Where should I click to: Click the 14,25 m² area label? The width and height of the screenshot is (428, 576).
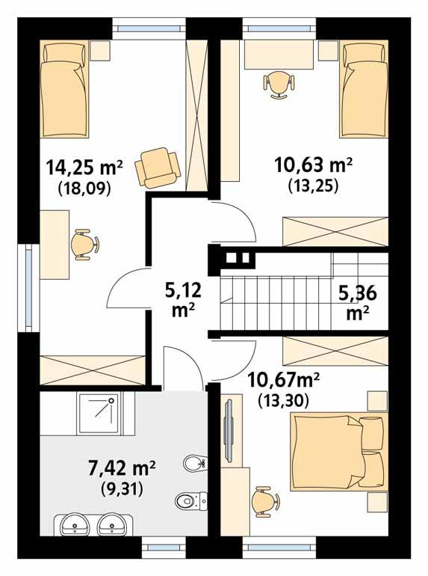pyautogui.click(x=83, y=165)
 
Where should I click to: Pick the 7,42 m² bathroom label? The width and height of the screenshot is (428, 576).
pyautogui.click(x=120, y=469)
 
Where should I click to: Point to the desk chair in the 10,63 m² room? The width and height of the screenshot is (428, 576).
pyautogui.click(x=277, y=83)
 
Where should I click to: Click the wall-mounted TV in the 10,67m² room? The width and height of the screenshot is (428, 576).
pyautogui.click(x=228, y=433)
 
